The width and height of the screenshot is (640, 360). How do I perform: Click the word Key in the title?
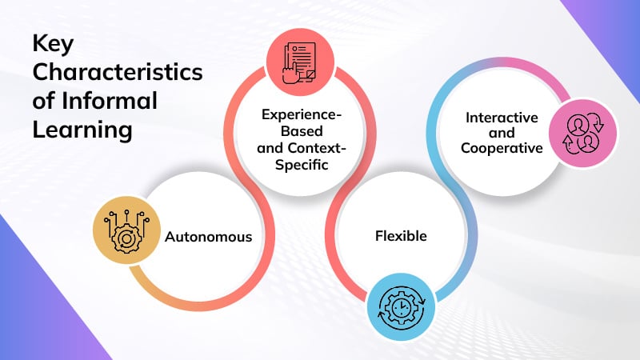(52, 46)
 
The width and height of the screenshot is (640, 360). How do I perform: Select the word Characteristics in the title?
(118, 74)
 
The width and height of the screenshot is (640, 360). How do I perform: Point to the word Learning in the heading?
(82, 130)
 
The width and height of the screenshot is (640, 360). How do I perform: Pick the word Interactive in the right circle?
(502, 118)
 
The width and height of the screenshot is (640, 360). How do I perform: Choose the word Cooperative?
(502, 148)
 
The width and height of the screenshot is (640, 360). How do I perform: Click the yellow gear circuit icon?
(126, 230)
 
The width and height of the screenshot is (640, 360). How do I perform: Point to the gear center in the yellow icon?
(126, 237)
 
